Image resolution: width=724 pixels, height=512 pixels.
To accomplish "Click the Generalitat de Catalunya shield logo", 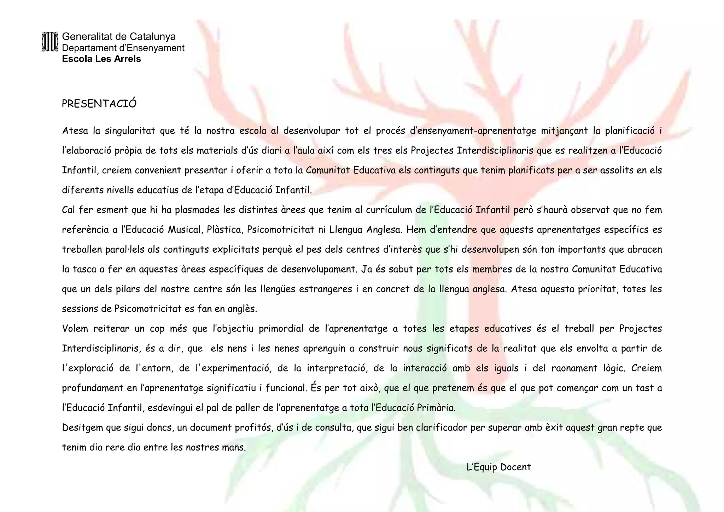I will coord(49,42).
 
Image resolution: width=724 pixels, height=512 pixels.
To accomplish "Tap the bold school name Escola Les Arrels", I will coord(101,59).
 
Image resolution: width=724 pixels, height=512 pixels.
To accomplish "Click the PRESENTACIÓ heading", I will coord(99,104).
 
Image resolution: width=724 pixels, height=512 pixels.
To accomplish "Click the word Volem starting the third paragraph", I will coord(75,329).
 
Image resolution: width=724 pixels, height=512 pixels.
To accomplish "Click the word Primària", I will coord(436,408).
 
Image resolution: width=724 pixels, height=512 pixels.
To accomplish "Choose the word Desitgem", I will coord(83,428).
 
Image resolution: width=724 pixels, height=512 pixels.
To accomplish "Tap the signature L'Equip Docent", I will coord(498,467).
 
